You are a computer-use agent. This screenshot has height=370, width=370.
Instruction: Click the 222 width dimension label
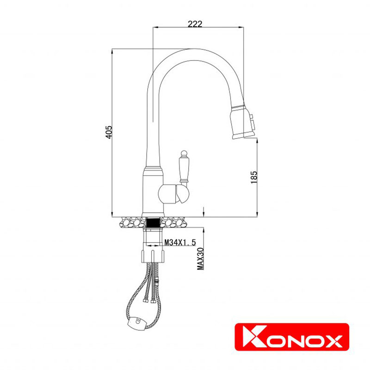(195, 25)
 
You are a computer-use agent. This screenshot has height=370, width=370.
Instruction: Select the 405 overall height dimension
(109, 133)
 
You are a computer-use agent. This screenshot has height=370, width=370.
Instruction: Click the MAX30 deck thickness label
(200, 259)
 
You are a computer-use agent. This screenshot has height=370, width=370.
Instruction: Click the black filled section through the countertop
(153, 222)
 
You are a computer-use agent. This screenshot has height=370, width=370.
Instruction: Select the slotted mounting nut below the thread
(153, 255)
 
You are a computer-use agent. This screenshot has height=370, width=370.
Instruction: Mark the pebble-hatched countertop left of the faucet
(132, 222)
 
